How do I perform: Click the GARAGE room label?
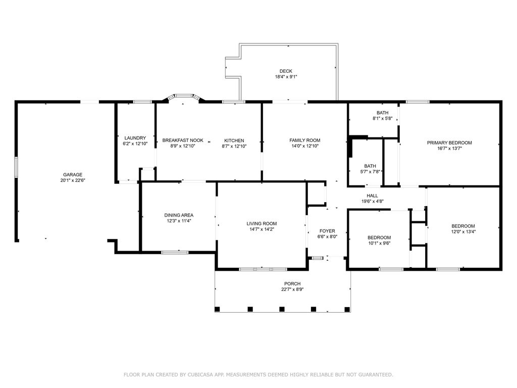[x=73, y=174]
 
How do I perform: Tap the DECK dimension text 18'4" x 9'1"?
[x=286, y=77]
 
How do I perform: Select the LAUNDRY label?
[x=135, y=138]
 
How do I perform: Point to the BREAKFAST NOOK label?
[x=183, y=140]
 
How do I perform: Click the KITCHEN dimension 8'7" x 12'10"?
[x=234, y=146]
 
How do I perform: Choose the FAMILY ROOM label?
[x=305, y=140]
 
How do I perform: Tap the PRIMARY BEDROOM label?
[x=449, y=143]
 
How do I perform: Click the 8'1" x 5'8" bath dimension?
[x=383, y=118]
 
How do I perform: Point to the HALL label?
[x=372, y=196]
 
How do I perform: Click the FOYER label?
[x=327, y=231]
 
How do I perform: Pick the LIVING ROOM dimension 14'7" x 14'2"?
[x=262, y=229]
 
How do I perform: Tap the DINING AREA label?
[x=179, y=215]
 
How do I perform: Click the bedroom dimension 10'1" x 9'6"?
[x=379, y=243]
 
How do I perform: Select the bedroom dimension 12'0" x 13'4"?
[x=463, y=231]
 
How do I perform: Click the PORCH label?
[x=292, y=284]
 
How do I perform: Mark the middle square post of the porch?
[x=282, y=309]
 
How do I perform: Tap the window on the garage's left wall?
[x=16, y=168]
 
